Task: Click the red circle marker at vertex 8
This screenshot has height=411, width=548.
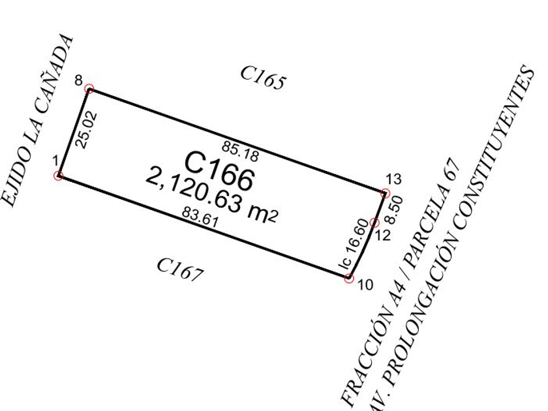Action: [x=89, y=89]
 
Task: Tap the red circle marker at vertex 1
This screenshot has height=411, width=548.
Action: [x=59, y=175]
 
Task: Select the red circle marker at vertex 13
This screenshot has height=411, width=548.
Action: [x=386, y=193]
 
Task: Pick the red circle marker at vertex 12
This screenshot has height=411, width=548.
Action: [x=374, y=223]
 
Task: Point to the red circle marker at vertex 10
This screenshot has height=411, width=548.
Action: [x=349, y=279]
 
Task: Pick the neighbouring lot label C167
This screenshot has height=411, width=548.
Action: [x=180, y=269]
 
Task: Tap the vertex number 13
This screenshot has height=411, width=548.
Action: [x=393, y=179]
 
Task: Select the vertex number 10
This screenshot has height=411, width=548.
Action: [x=365, y=285]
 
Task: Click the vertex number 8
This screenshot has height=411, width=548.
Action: [x=79, y=81]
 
